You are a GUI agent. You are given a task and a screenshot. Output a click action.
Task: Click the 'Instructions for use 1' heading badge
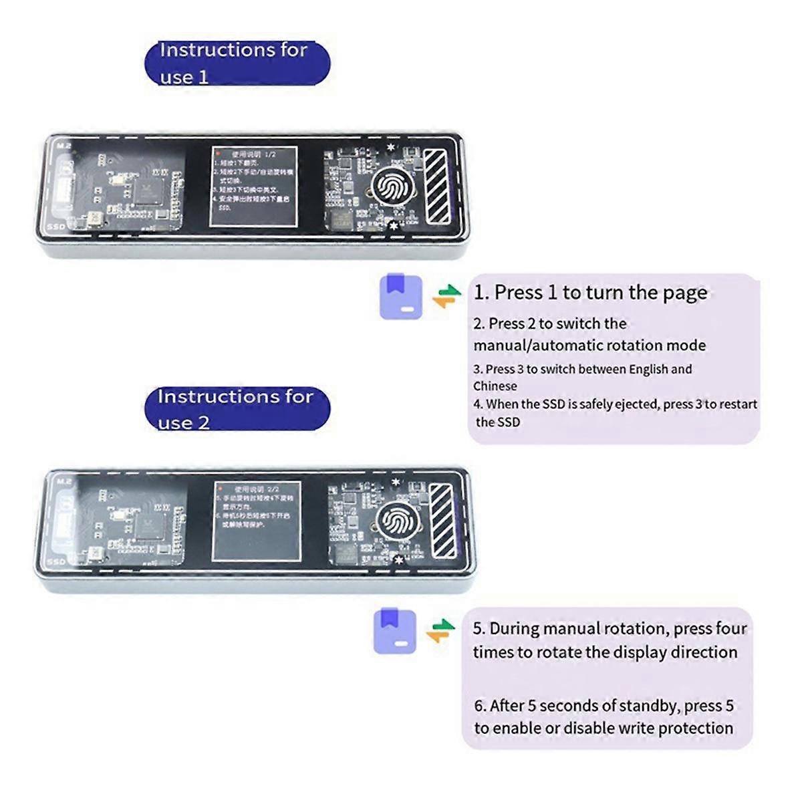coord(237,63)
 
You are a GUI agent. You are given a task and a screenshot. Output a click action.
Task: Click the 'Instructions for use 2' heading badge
coord(237,409)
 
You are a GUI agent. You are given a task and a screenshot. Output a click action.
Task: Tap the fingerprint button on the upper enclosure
coord(390,186)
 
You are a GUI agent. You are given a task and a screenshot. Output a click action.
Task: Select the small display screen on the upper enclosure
coord(253,186)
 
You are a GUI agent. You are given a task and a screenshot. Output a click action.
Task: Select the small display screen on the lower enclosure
coord(257,521)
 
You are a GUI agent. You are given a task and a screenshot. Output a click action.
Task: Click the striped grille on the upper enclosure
coord(436,185)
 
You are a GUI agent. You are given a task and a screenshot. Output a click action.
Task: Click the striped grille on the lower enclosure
coord(442,520)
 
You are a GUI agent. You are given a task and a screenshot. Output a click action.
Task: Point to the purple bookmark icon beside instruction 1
coord(401,296)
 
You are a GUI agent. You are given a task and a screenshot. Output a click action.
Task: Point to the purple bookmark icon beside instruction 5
coord(395,630)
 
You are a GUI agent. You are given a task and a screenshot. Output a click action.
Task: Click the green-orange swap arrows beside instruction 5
coord(440,630)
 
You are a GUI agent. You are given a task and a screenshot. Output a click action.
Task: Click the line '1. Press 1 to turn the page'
coord(590,293)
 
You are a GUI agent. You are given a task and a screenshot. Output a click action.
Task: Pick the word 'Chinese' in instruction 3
coord(495,386)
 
